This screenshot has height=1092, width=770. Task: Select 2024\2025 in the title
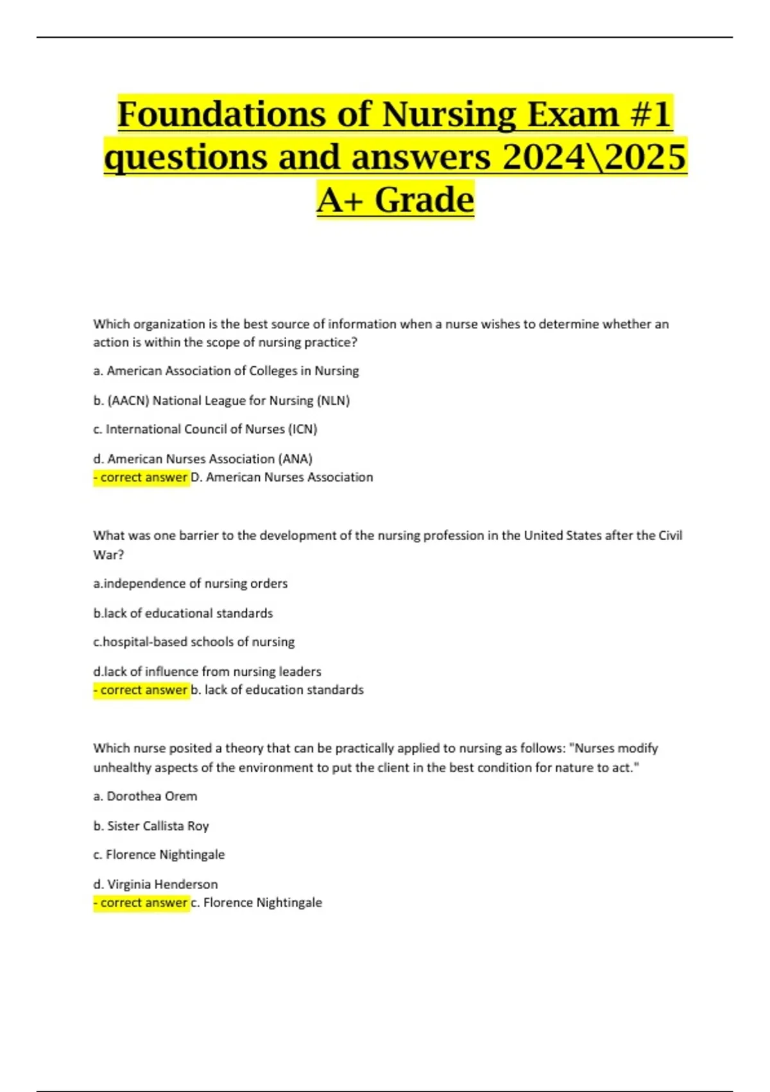point(594,157)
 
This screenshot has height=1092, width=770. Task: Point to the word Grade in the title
point(424,200)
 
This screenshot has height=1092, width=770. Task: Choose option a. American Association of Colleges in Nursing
point(226,371)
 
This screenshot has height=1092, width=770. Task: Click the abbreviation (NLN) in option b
point(333,401)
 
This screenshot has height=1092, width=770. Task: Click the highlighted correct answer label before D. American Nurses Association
point(141,477)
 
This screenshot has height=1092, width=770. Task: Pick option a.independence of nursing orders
point(191,583)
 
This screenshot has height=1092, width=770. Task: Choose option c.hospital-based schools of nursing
point(194,642)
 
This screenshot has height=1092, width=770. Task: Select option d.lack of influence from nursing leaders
point(207,671)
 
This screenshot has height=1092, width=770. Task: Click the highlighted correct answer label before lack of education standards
point(141,690)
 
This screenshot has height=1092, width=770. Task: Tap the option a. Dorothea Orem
point(146,796)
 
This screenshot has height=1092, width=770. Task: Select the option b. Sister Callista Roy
point(151,825)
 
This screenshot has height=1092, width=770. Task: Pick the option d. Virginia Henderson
point(155,884)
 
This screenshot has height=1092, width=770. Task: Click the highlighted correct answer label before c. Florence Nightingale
point(141,903)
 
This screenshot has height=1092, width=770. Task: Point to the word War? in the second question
point(108,554)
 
